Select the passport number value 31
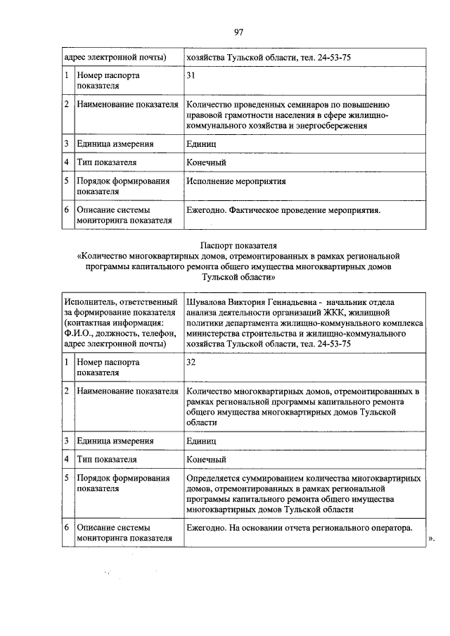pyautogui.click(x=191, y=75)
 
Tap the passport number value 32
pyautogui.click(x=191, y=362)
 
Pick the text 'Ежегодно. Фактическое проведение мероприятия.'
pyautogui.click(x=283, y=210)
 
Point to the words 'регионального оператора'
pyautogui.click(x=363, y=528)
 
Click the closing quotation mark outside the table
pyautogui.click(x=431, y=539)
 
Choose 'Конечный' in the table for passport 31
pyautogui.click(x=206, y=162)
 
